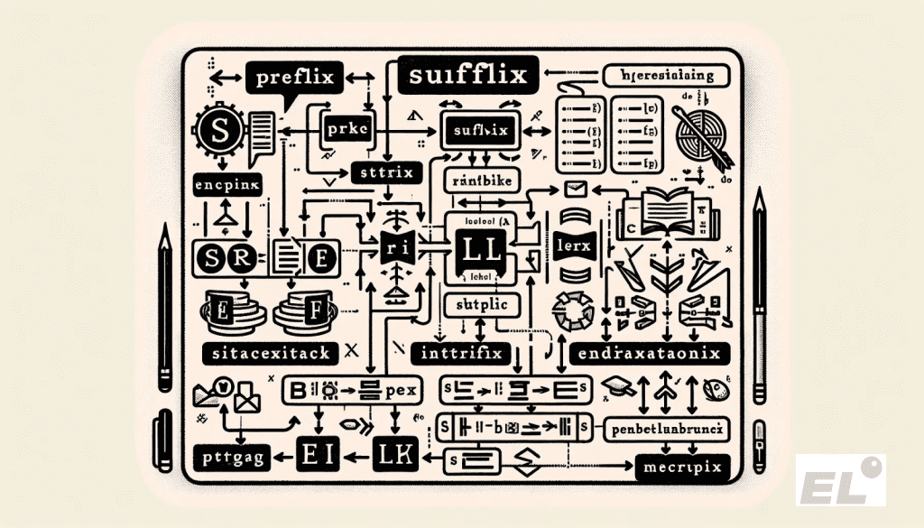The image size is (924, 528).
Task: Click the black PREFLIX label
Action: click(x=295, y=78)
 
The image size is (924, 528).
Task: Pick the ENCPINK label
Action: click(x=227, y=186)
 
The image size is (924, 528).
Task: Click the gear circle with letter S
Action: click(x=220, y=131)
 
